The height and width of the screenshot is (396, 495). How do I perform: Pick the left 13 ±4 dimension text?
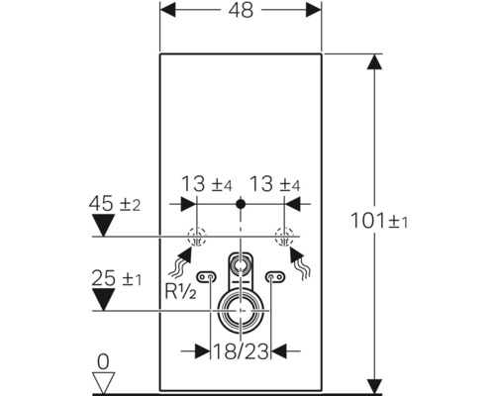click(x=206, y=183)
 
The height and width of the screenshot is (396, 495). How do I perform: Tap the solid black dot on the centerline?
click(x=239, y=204)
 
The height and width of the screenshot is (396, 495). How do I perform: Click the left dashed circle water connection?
click(x=196, y=238)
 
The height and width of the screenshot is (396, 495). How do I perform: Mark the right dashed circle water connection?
click(x=283, y=238)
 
